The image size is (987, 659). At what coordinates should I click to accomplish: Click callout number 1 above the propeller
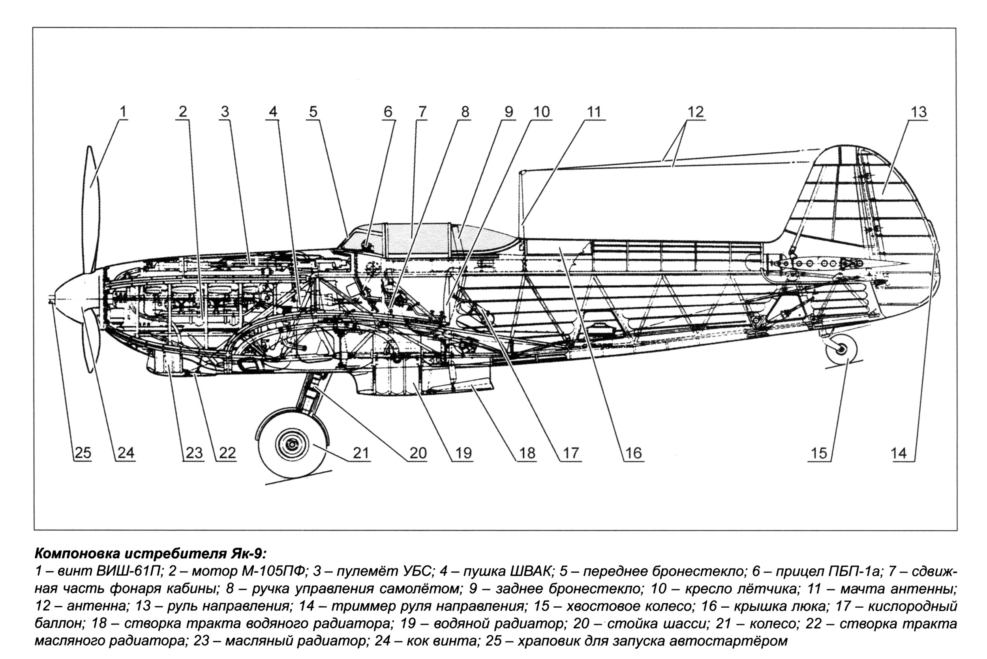pyautogui.click(x=123, y=112)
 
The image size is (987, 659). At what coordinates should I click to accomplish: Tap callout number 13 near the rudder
pyautogui.click(x=918, y=112)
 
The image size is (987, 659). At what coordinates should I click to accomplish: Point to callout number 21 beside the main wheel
pyautogui.click(x=360, y=453)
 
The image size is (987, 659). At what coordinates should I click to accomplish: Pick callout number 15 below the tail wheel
pyautogui.click(x=818, y=453)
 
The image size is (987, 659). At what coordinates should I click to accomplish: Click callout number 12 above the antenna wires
pyautogui.click(x=695, y=112)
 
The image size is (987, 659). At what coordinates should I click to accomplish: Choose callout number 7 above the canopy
pyautogui.click(x=422, y=112)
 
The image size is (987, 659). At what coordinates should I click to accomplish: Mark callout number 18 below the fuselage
pyautogui.click(x=527, y=453)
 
